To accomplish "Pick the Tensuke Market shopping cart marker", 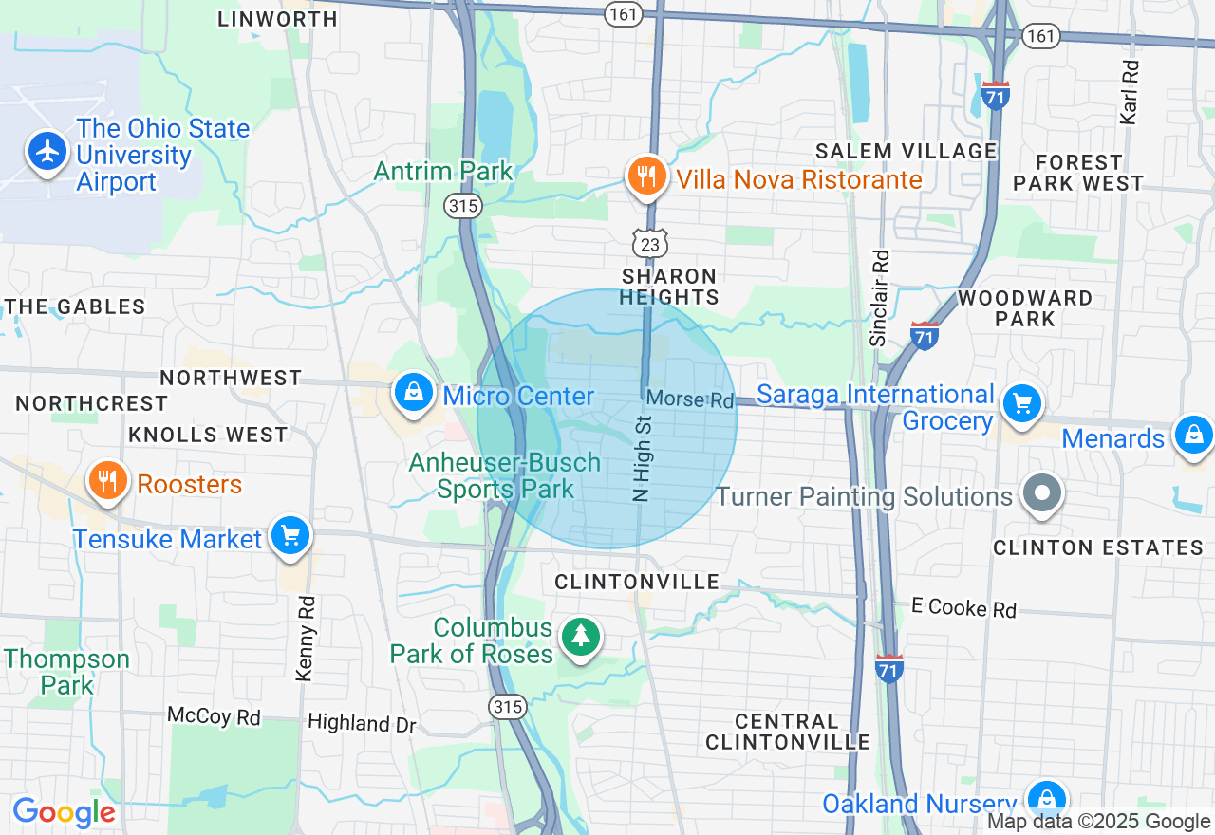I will (x=290, y=537).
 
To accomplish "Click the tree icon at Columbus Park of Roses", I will (x=580, y=638).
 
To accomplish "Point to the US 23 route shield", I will (x=651, y=243).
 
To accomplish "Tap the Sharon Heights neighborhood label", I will (x=669, y=287).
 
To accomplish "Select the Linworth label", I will (x=277, y=19).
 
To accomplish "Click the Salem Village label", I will (x=907, y=151).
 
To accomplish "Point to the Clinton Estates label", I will (x=1097, y=547).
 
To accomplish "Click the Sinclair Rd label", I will (x=879, y=298).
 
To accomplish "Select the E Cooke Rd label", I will (x=963, y=607).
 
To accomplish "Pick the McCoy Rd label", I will (x=214, y=715).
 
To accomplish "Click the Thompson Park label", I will (x=66, y=672).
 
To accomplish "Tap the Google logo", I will (x=64, y=812).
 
